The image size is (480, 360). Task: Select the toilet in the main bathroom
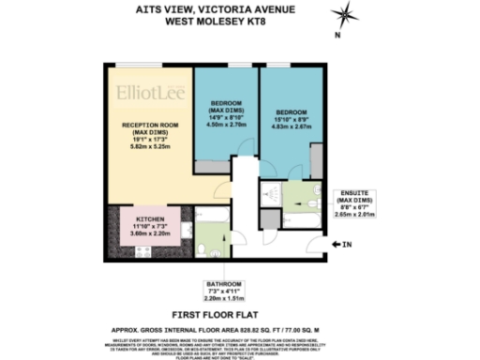203,249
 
